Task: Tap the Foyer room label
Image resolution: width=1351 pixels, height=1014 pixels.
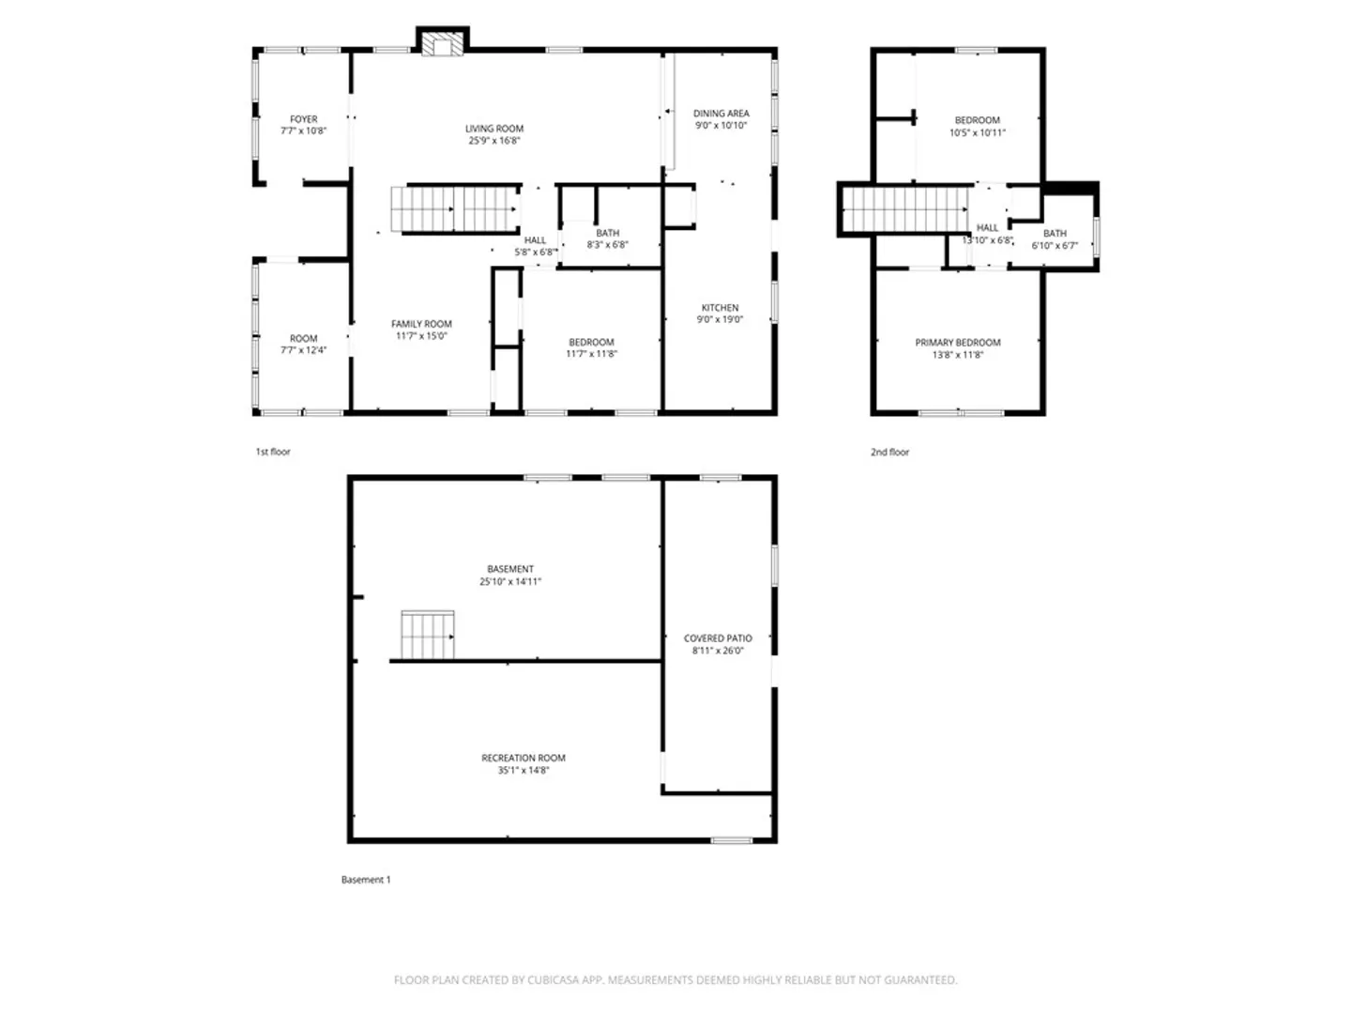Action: [x=303, y=119]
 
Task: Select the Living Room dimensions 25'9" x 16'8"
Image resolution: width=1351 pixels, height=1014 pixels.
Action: [x=494, y=141]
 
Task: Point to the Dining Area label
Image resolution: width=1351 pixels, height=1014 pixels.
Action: [x=721, y=114]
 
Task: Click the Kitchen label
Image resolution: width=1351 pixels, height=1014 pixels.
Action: [x=721, y=307]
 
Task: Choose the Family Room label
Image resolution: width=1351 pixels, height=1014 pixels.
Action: [x=421, y=324]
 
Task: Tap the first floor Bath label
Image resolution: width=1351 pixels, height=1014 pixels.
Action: [x=608, y=233]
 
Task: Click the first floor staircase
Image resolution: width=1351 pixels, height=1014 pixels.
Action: [x=454, y=209]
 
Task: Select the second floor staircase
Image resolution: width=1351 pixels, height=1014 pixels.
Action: [x=904, y=209]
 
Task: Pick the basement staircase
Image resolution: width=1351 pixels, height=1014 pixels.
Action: [x=427, y=634]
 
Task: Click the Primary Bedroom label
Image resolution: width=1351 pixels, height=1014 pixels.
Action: [x=958, y=343]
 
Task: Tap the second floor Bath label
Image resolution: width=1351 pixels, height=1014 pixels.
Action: [x=1055, y=234]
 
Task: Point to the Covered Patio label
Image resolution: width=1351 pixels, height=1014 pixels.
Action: [x=718, y=638]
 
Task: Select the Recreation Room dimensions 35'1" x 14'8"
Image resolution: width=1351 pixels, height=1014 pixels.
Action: [x=524, y=770]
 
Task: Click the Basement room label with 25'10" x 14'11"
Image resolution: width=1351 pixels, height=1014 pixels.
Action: [x=510, y=569]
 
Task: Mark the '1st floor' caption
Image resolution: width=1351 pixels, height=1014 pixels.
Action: [x=273, y=452]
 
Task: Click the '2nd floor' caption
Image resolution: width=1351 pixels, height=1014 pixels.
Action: [x=889, y=452]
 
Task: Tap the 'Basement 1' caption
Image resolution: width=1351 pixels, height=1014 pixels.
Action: [x=366, y=880]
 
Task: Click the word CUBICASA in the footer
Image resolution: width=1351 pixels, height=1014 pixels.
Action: [x=554, y=979]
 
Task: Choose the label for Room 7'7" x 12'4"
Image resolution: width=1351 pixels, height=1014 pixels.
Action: [x=303, y=339]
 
